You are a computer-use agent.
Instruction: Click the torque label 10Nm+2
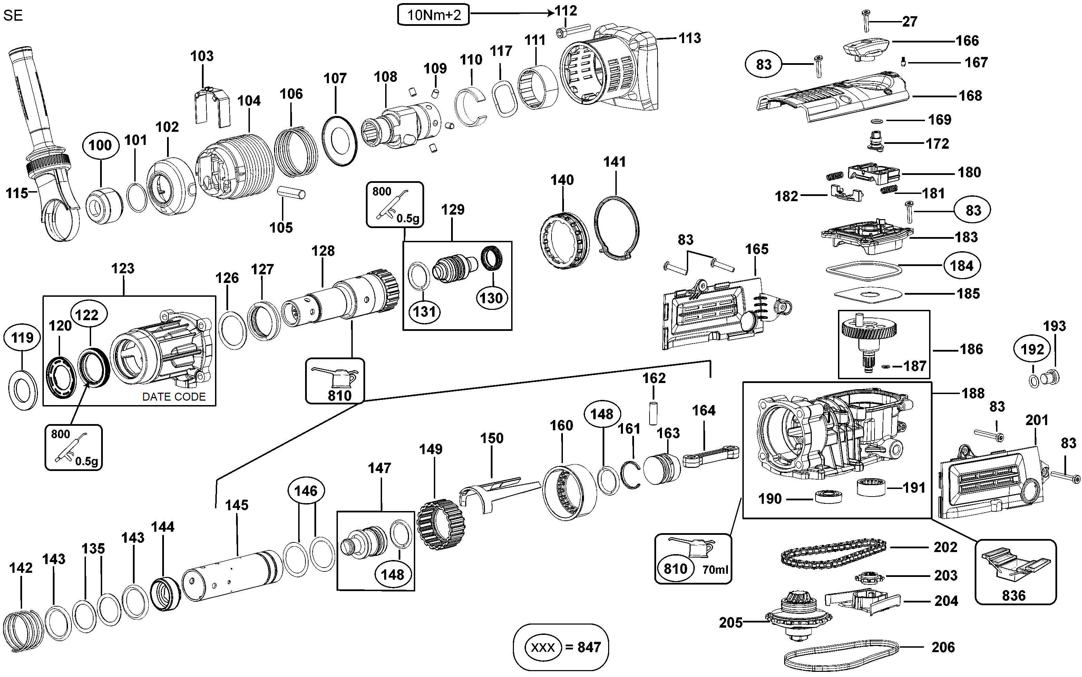pyautogui.click(x=433, y=15)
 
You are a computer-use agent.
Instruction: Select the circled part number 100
pyautogui.click(x=100, y=145)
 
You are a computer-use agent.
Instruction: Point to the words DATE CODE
pyautogui.click(x=174, y=397)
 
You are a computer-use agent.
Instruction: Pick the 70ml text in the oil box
pyautogui.click(x=715, y=570)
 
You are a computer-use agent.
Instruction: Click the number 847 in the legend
pyautogui.click(x=589, y=647)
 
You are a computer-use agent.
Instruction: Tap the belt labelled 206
pyautogui.click(x=841, y=653)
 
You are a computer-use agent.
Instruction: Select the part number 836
pyautogui.click(x=1013, y=596)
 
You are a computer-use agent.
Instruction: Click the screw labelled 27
pyautogui.click(x=866, y=21)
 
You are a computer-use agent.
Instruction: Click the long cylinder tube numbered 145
pyautogui.click(x=232, y=575)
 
